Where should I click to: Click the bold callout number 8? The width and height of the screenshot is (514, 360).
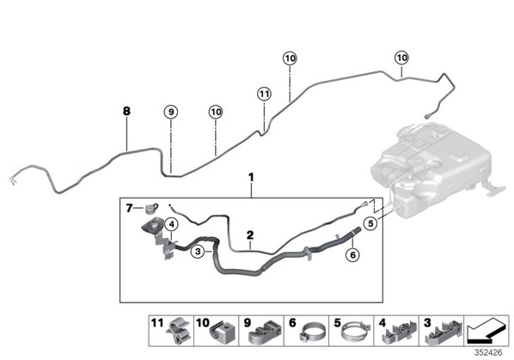pyautogui.click(x=126, y=112)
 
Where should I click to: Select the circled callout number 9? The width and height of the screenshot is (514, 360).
pyautogui.click(x=171, y=112)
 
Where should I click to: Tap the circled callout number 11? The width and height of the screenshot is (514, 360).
pyautogui.click(x=264, y=95)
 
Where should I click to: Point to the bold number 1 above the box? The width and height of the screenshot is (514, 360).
pyautogui.click(x=251, y=178)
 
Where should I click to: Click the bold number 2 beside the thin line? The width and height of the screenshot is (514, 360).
pyautogui.click(x=250, y=235)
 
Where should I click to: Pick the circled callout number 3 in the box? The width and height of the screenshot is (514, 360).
pyautogui.click(x=198, y=252)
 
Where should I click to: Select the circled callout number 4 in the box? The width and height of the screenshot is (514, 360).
pyautogui.click(x=171, y=225)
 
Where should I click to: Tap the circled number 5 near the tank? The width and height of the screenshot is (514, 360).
pyautogui.click(x=370, y=223)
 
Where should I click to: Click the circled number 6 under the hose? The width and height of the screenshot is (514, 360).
pyautogui.click(x=352, y=254)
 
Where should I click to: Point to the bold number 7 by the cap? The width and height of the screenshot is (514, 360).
pyautogui.click(x=130, y=208)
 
